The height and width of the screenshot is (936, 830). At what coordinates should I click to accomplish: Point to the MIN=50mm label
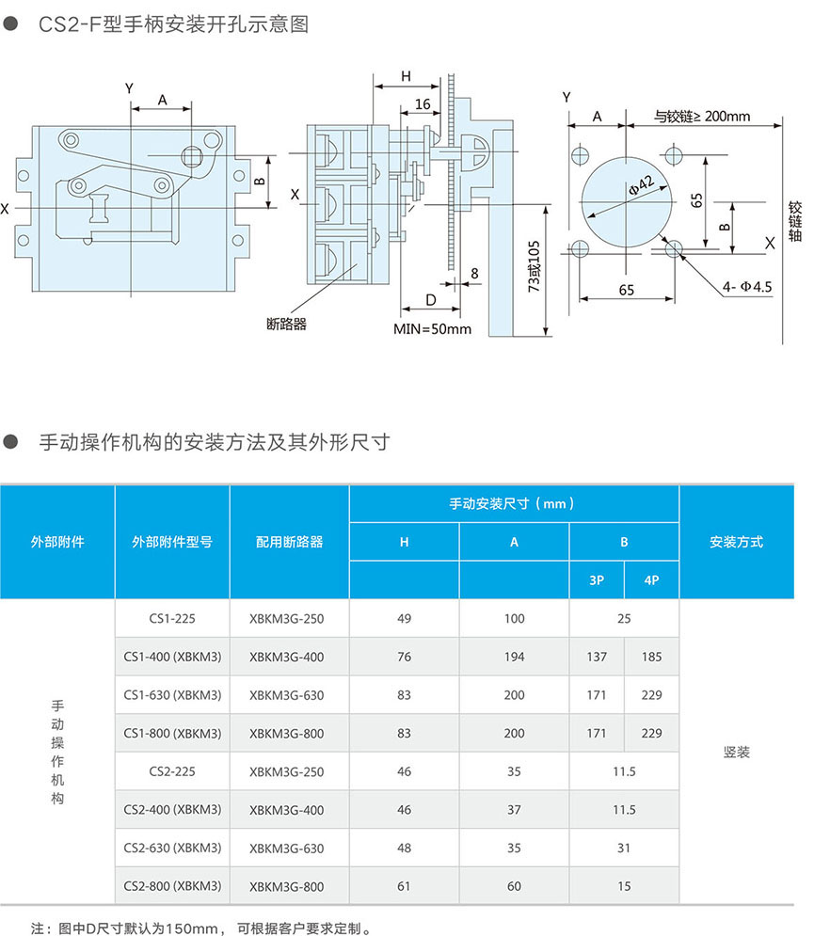432,330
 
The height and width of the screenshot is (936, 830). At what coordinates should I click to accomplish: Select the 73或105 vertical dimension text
534,266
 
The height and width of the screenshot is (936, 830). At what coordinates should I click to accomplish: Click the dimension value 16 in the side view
423,103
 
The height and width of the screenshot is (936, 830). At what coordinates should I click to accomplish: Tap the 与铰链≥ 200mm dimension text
702,117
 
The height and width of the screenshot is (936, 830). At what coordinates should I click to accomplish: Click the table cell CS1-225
172,619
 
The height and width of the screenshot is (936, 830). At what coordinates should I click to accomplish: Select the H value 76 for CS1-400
405,658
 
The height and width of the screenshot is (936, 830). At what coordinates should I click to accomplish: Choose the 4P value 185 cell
651,658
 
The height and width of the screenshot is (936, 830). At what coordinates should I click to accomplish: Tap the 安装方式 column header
736,542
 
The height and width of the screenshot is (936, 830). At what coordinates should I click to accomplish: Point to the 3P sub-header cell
597,580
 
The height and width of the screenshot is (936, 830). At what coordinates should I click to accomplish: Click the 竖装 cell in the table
736,754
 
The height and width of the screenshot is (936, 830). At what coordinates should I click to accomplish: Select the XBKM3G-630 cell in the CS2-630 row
287,849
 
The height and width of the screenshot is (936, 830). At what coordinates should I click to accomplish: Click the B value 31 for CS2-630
624,849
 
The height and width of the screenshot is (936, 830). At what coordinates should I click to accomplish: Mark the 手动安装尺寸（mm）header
514,504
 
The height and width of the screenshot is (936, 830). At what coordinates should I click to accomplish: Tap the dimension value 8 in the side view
473,274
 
